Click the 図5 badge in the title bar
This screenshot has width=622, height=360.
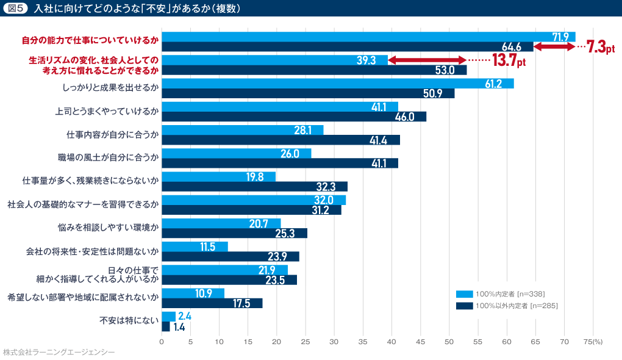[16, 9]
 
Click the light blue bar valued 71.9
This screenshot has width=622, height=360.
[368, 37]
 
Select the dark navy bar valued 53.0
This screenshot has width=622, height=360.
[314, 70]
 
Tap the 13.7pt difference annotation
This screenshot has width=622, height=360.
[509, 60]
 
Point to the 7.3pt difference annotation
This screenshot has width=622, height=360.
[600, 47]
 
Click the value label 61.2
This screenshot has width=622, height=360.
[493, 84]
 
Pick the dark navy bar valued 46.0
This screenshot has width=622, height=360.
[294, 117]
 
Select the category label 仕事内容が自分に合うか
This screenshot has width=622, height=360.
[112, 134]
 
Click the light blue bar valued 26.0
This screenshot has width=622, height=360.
[236, 153]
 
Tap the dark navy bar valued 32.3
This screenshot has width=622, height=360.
[254, 186]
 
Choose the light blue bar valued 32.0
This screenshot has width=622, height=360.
[254, 200]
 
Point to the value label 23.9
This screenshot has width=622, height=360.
[279, 256]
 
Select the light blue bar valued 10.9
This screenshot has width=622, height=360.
[193, 293]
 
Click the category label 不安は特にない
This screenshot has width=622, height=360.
[129, 320]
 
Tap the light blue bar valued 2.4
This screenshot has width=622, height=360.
[168, 316]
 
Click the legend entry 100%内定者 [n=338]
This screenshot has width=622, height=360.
[510, 293]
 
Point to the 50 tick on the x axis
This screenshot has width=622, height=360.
[449, 342]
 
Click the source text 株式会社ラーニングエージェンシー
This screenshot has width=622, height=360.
[59, 353]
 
